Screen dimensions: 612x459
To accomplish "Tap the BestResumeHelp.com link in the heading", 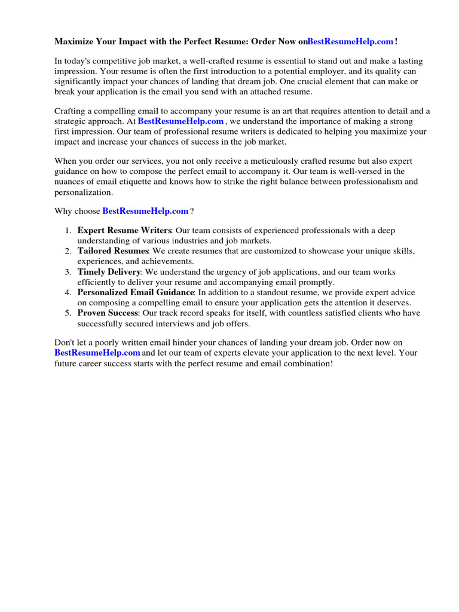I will click(x=350, y=41).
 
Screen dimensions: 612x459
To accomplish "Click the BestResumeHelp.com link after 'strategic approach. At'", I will click(x=180, y=121).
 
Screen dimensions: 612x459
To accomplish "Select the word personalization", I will click(x=83, y=192).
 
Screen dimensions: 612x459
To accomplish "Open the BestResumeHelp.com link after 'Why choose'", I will click(x=146, y=211).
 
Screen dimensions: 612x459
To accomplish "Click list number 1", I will click(x=69, y=231).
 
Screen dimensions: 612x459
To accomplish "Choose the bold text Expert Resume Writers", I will click(x=124, y=231).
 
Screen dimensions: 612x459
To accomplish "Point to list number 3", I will click(x=69, y=272).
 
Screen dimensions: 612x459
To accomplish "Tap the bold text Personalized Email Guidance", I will click(x=136, y=292).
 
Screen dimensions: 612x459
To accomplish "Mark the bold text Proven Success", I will click(x=108, y=313).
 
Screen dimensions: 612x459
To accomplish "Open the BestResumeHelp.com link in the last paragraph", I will click(x=97, y=353).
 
